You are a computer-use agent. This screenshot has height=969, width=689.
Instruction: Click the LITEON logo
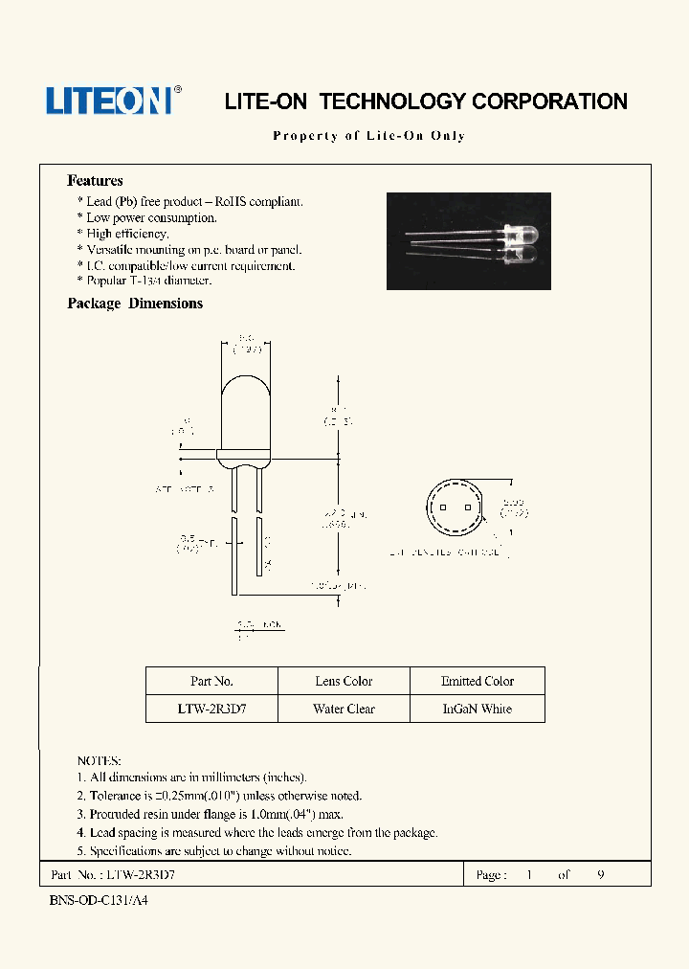(110, 101)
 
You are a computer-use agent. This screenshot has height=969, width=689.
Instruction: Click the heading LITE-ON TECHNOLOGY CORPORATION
(426, 101)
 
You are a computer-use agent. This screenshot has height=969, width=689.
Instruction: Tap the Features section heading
(95, 180)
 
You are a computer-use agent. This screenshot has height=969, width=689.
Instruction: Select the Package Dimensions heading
(135, 304)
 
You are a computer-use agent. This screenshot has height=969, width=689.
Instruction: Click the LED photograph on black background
(468, 241)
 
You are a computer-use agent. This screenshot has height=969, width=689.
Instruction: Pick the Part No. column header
(211, 681)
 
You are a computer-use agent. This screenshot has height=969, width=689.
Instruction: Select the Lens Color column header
(344, 681)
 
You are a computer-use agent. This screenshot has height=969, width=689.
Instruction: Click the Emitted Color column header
(478, 681)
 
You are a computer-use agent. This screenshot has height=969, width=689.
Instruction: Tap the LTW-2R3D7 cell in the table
(211, 709)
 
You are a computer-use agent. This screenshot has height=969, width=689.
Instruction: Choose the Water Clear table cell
(344, 709)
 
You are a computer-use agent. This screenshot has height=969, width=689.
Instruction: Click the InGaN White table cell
(478, 709)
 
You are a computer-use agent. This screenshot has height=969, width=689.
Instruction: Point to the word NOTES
(99, 760)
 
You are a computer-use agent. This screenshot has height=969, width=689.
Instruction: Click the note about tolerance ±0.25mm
(219, 796)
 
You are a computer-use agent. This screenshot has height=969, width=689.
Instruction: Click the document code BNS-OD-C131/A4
(98, 901)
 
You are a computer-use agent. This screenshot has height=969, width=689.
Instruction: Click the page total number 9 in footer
(600, 875)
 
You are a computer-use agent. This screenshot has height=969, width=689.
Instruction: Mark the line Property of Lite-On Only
(369, 136)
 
